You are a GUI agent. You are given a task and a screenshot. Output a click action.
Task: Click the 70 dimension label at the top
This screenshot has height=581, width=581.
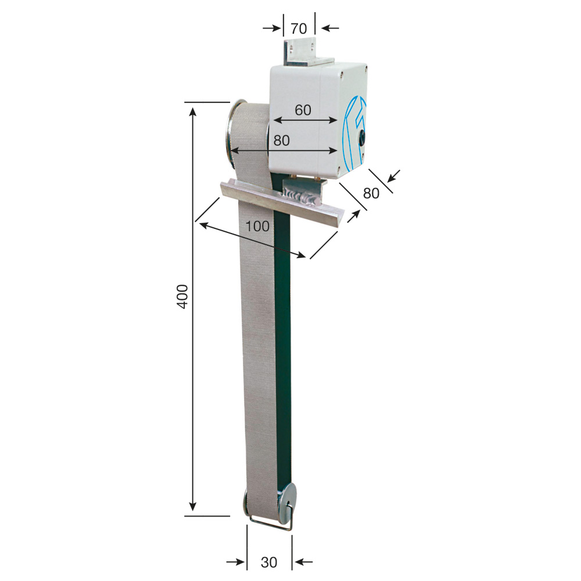[x=299, y=28]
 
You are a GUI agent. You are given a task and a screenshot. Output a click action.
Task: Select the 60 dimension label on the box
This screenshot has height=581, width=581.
[x=303, y=110]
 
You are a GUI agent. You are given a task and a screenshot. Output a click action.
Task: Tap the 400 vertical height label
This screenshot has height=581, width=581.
[x=182, y=296]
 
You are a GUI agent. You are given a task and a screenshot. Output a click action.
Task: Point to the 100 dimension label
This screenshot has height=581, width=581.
[x=257, y=226]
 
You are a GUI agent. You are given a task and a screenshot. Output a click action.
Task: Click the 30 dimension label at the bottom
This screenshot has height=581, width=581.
[x=268, y=562]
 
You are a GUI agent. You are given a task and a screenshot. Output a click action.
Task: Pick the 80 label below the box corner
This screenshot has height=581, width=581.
[x=371, y=193]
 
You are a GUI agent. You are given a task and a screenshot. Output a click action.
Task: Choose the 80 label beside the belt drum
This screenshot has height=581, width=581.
[x=281, y=141]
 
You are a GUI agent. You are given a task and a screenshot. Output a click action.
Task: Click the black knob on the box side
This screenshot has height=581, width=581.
[x=361, y=137]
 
